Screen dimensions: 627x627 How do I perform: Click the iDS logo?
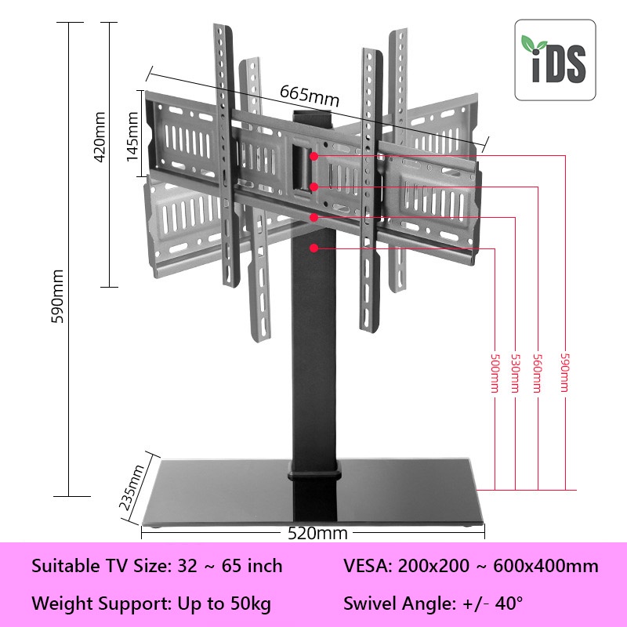coord(555,60)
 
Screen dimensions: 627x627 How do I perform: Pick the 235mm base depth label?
coord(132,487)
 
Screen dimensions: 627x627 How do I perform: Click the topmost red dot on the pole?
coord(313,156)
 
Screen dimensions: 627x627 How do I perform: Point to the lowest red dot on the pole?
coord(313,248)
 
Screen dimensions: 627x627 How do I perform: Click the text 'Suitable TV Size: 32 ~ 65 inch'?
coord(157,566)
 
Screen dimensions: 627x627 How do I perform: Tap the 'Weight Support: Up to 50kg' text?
coord(151,604)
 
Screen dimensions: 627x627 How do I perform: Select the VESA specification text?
coord(470,566)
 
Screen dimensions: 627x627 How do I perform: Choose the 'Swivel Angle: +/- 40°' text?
coord(433,604)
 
